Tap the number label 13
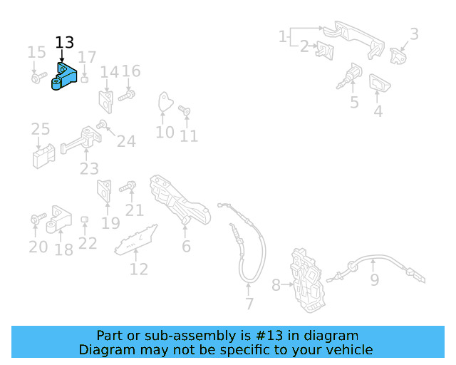click(64, 43)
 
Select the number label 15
click(36, 52)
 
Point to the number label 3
click(414, 34)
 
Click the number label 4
click(378, 111)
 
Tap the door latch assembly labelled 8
click(307, 279)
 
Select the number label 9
click(374, 281)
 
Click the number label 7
click(249, 304)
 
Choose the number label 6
click(186, 247)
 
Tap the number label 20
click(38, 247)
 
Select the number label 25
click(41, 129)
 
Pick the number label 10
click(165, 133)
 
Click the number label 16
click(131, 71)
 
